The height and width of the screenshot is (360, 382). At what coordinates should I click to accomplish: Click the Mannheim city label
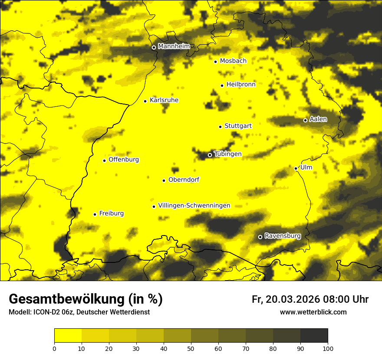tap(174, 46)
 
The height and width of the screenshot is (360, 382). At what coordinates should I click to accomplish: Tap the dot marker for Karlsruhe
tap(145, 101)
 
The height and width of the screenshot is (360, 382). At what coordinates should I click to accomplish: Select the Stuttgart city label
tap(238, 126)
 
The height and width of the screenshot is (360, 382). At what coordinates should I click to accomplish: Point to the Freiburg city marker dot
tap(95, 214)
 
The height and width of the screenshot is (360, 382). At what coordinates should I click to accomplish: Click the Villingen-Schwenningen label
tap(194, 206)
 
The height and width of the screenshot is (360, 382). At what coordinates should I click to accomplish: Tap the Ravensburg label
tap(282, 236)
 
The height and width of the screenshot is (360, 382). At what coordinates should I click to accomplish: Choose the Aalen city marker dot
tap(305, 120)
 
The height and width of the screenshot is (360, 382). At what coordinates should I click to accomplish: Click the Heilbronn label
tap(241, 85)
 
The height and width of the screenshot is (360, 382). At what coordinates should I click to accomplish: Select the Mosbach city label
tap(233, 61)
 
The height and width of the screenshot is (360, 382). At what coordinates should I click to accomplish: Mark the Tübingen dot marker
tap(210, 155)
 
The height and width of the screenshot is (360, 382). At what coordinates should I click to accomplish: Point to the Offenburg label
tap(124, 160)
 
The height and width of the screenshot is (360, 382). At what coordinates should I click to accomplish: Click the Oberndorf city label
tap(184, 180)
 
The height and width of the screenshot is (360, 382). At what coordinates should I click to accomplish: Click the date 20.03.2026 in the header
tap(293, 299)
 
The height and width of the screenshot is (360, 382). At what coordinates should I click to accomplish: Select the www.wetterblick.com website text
tap(313, 312)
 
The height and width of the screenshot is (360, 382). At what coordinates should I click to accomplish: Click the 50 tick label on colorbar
tap(191, 348)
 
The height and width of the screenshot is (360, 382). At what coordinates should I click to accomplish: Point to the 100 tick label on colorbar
tap(328, 348)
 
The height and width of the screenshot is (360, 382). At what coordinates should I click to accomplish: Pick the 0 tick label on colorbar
tap(54, 348)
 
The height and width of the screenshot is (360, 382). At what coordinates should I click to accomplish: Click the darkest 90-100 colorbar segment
tap(314, 336)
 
